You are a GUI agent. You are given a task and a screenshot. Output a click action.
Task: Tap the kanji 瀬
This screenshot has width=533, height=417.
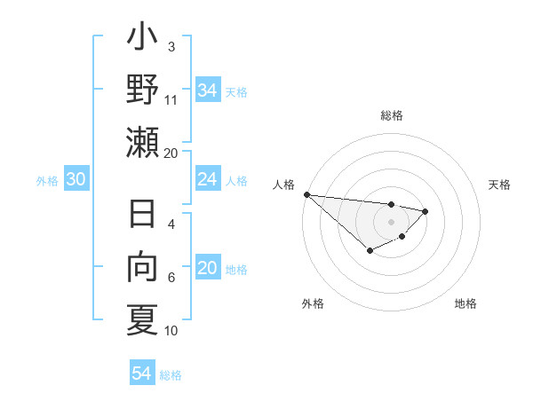click(142, 142)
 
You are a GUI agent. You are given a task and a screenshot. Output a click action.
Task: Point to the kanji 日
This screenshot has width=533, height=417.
click(142, 215)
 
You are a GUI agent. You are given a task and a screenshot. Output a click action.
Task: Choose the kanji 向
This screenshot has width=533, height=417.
click(142, 268)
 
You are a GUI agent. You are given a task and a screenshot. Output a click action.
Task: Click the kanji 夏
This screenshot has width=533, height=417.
click(142, 319)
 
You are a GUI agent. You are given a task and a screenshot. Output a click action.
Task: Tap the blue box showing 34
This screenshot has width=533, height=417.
click(207, 90)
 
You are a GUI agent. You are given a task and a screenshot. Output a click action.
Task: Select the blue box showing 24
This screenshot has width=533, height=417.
click(207, 179)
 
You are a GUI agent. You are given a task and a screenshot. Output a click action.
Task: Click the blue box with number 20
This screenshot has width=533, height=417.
click(207, 269)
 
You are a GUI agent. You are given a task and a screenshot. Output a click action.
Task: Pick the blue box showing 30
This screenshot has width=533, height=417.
click(76, 179)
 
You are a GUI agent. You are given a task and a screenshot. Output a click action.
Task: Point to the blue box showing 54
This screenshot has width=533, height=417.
click(141, 374)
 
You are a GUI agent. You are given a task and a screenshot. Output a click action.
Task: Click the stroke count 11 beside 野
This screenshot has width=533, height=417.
click(171, 99)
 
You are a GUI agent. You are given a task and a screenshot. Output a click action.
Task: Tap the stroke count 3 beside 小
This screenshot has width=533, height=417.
click(171, 46)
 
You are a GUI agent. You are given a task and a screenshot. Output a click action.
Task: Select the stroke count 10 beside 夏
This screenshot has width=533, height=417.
click(171, 331)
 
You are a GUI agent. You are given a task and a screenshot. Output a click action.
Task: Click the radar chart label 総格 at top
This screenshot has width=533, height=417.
click(391, 115)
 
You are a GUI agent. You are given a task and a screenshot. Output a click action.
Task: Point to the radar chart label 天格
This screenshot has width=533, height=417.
click(499, 185)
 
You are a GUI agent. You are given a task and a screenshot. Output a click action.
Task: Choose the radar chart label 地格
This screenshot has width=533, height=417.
click(465, 303)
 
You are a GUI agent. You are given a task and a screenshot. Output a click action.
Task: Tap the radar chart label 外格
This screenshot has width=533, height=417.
click(313, 303)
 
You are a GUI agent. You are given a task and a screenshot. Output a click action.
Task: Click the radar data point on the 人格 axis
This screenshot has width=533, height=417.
click(306, 194)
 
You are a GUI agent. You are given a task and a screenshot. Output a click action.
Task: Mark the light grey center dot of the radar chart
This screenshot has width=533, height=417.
click(391, 221)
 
